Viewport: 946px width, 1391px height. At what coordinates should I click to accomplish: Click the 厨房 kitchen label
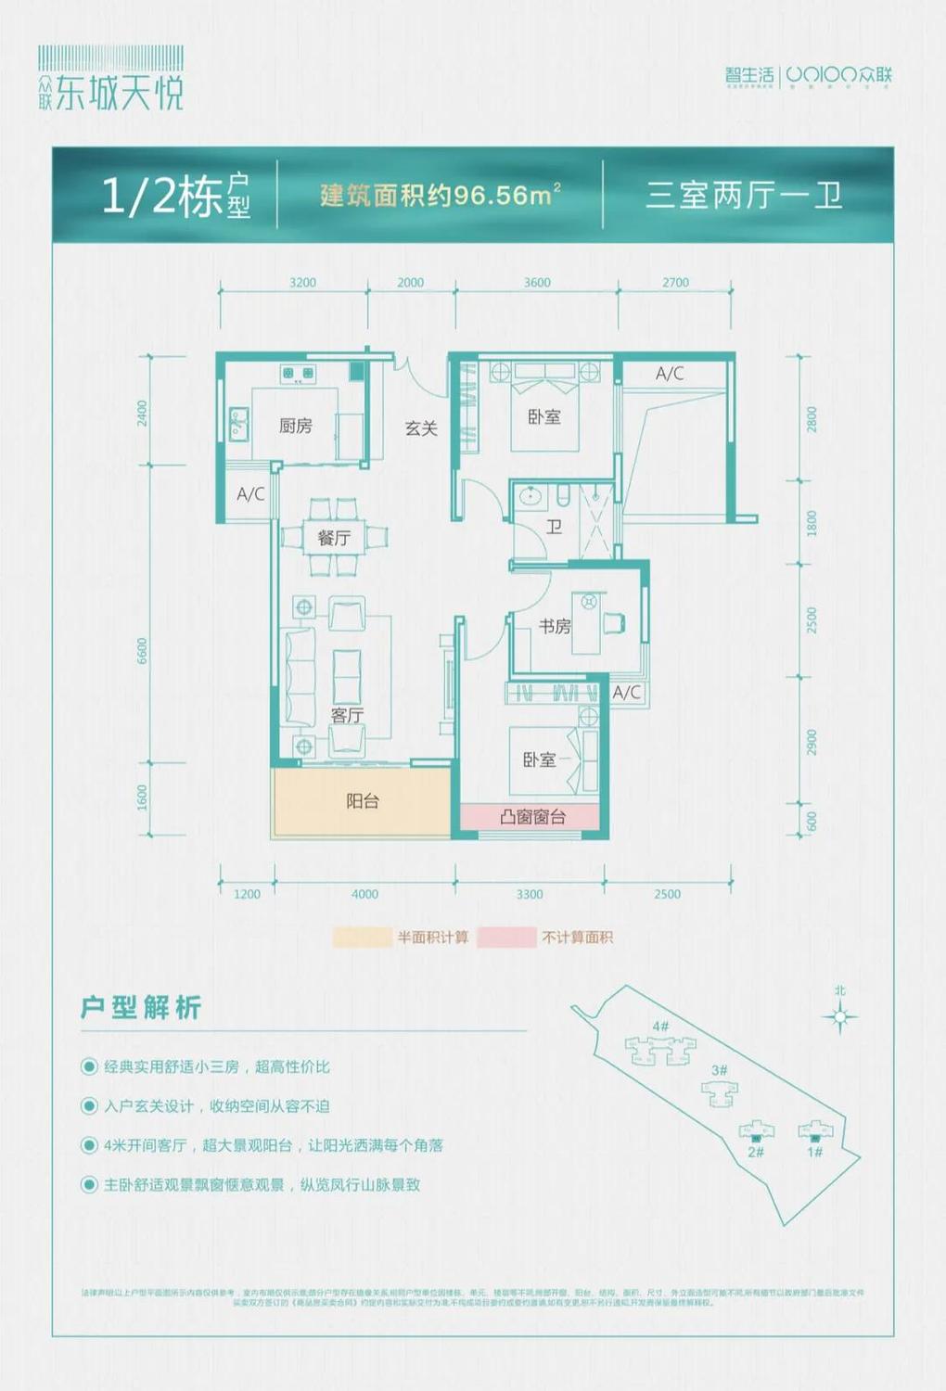pyautogui.click(x=295, y=426)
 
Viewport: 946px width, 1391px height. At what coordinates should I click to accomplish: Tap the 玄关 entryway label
pyautogui.click(x=421, y=428)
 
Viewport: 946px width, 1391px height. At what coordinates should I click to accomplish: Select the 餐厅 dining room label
pyautogui.click(x=334, y=538)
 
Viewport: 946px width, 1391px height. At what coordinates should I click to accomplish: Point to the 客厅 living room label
pyautogui.click(x=347, y=715)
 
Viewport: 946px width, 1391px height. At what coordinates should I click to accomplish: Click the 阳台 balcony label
pyautogui.click(x=362, y=801)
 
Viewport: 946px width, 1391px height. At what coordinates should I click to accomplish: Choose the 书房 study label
pyautogui.click(x=555, y=627)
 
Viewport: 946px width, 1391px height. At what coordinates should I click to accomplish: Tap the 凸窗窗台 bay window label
pyautogui.click(x=532, y=817)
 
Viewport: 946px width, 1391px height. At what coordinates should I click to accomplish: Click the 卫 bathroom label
pyautogui.click(x=554, y=527)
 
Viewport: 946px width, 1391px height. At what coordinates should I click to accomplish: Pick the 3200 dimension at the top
pyautogui.click(x=302, y=283)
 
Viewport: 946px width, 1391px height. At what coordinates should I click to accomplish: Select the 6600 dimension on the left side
pyautogui.click(x=142, y=651)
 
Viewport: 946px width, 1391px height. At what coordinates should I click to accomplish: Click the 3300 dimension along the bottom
pyautogui.click(x=530, y=894)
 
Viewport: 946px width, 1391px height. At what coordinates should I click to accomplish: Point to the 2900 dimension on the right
pyautogui.click(x=812, y=742)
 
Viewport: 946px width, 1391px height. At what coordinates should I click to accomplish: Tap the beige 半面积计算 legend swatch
pyautogui.click(x=362, y=938)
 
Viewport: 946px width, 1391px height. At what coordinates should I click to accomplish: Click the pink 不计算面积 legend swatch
pyautogui.click(x=506, y=938)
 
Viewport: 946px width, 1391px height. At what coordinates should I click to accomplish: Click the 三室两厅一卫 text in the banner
pyautogui.click(x=744, y=196)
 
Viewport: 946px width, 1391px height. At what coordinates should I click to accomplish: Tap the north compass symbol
pyautogui.click(x=839, y=1016)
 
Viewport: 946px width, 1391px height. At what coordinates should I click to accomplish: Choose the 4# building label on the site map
pyautogui.click(x=660, y=1027)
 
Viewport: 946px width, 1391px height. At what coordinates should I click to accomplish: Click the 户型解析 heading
pyautogui.click(x=141, y=1008)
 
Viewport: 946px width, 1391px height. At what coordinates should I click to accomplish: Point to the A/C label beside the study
pyautogui.click(x=626, y=693)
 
